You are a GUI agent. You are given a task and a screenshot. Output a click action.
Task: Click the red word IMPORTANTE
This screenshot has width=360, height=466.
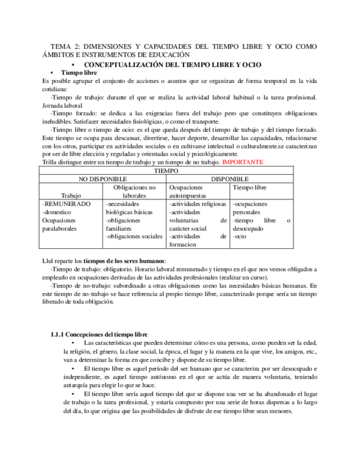242,163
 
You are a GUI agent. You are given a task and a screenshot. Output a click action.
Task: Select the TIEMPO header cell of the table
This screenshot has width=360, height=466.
167,171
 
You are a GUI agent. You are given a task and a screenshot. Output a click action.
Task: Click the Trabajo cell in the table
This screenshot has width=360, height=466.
72,195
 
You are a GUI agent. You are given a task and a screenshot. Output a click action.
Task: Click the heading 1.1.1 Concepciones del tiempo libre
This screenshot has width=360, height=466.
99,334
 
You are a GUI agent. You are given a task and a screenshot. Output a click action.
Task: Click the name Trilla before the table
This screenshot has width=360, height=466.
51,163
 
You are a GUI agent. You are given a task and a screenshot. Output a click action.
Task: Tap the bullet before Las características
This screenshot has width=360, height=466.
74,343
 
